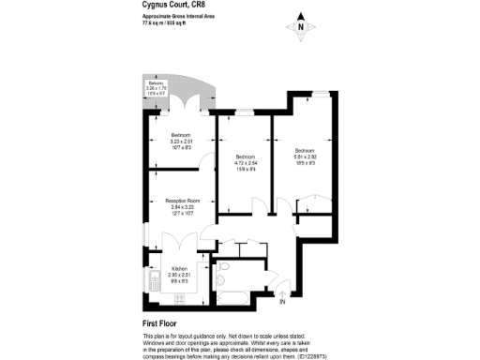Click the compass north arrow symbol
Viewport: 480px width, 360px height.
click(300, 25)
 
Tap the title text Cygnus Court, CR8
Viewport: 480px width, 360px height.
click(173, 8)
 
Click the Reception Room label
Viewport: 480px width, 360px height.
click(183, 202)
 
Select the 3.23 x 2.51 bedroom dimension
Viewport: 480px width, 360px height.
click(181, 142)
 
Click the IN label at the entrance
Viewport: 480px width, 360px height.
click(282, 302)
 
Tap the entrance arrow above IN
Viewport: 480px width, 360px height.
click(282, 292)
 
